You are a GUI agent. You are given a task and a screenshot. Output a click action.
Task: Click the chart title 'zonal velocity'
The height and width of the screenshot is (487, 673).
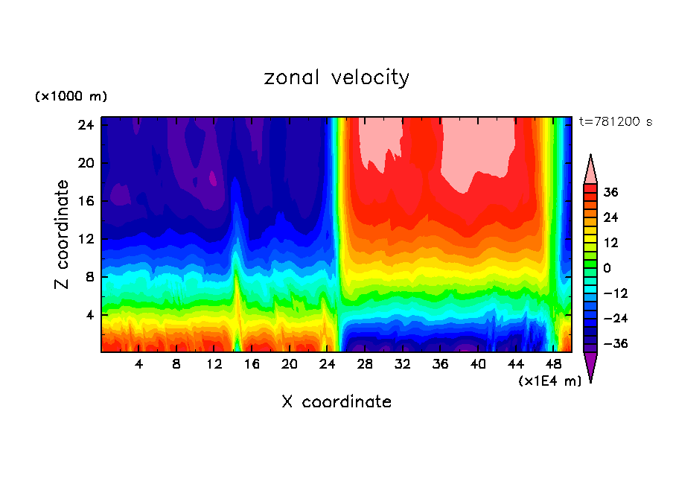click(336, 77)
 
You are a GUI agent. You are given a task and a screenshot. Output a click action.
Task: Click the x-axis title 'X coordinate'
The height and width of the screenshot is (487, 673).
click(336, 402)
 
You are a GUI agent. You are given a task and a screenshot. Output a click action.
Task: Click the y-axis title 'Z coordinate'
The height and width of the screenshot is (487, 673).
click(63, 235)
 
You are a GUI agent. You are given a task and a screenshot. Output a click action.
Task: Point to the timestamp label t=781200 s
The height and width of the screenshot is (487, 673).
click(615, 121)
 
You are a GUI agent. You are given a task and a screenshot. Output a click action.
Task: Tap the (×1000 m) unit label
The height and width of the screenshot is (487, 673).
click(71, 97)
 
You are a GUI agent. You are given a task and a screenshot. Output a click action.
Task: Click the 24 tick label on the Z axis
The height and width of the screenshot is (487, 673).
click(84, 125)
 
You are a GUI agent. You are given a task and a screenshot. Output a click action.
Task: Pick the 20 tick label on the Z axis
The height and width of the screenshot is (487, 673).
click(84, 163)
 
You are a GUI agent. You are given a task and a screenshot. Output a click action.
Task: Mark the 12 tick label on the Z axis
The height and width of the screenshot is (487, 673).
click(84, 239)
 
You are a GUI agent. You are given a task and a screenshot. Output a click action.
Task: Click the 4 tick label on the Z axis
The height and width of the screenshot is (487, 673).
click(88, 315)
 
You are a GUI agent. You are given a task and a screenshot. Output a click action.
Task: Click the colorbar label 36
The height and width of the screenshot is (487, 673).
click(610, 192)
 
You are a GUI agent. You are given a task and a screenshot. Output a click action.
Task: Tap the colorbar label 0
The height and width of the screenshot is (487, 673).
click(607, 268)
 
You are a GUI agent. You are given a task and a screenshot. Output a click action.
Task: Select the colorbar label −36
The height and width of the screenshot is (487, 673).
click(613, 344)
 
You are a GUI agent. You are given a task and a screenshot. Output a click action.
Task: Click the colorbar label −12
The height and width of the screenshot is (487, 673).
click(613, 293)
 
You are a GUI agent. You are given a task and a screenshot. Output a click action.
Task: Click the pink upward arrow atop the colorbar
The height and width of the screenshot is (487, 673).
click(590, 170)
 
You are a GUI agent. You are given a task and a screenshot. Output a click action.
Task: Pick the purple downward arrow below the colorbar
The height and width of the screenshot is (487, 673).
click(590, 366)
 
